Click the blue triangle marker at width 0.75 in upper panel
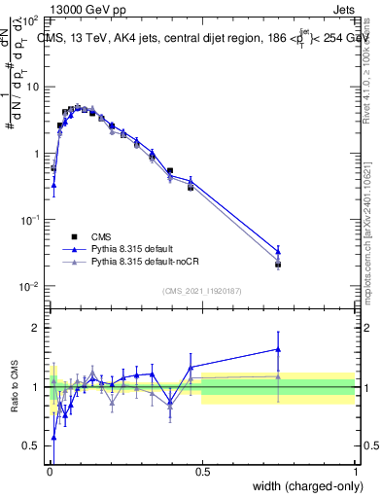pos(278,251)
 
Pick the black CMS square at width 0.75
pos(278,265)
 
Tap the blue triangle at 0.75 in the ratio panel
pos(278,349)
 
